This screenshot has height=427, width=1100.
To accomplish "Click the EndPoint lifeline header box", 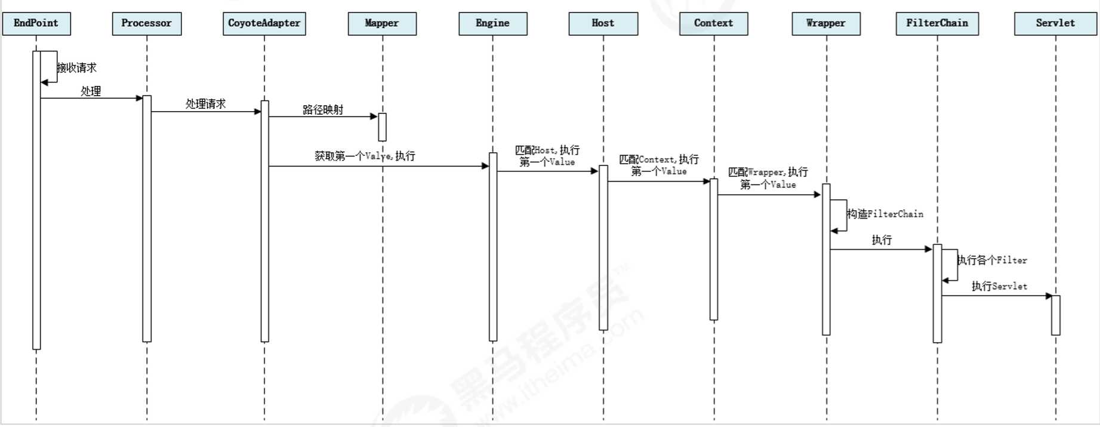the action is coord(36,23).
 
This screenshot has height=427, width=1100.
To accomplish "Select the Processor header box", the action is coord(147,23).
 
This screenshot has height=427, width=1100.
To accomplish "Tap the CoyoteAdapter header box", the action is coord(264,23).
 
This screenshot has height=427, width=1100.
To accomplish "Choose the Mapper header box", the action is coord(382,23).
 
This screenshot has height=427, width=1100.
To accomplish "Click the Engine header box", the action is coord(493,23).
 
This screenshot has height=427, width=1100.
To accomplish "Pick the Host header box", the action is coord(603,23).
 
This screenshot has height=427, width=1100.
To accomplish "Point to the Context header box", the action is coord(714,23).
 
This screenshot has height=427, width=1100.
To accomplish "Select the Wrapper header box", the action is coord(826,23).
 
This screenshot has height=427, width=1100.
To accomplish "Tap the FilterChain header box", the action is coord(937,23).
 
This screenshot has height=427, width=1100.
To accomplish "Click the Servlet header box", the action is coord(1055,23).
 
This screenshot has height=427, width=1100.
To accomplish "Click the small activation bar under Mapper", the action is coord(383,127).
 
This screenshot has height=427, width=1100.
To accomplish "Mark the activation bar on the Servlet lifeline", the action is coord(1056,315).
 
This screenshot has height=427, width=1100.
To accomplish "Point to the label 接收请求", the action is coord(77,67).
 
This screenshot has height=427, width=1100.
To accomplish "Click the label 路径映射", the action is coord(323,109).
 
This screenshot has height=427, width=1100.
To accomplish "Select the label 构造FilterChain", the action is coord(885,214).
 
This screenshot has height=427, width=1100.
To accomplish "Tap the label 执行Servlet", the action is coord(999,286).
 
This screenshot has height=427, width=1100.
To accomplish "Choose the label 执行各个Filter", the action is coord(992,260).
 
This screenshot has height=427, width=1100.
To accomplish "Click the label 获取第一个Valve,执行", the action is coord(365,156).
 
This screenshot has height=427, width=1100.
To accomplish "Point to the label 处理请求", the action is coord(206,104).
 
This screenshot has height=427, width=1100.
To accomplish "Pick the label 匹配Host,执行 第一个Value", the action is coord(547,156).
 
